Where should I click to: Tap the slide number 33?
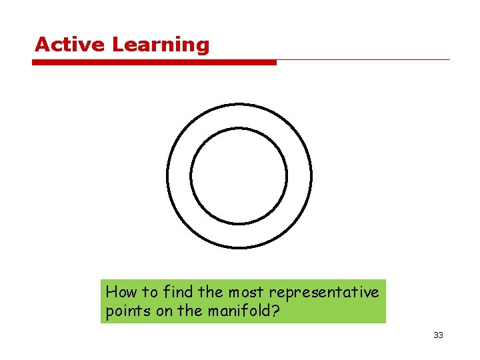438,335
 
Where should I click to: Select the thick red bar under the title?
154,63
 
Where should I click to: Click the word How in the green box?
121,291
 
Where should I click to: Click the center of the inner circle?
239,176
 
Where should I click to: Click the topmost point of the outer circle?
239,104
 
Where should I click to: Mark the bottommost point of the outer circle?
239,248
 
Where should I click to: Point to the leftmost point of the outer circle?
167,176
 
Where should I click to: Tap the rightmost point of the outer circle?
311,176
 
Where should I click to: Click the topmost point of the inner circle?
239,128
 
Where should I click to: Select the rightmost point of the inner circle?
287,176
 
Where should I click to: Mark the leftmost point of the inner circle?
191,176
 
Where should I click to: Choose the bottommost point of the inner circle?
239,224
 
